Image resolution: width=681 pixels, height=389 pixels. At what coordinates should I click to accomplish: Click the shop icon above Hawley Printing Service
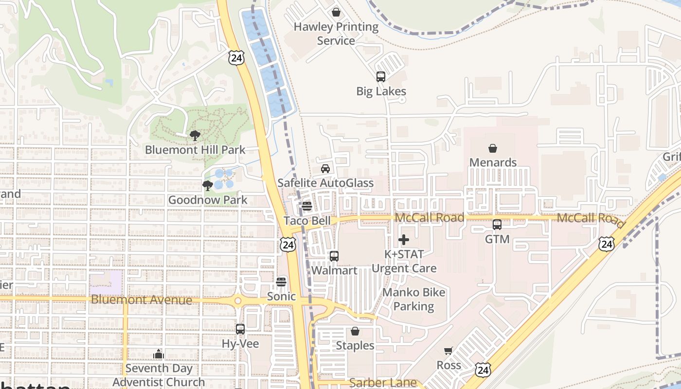(x=336, y=12)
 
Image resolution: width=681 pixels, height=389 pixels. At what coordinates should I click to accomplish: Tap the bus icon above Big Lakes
(x=380, y=77)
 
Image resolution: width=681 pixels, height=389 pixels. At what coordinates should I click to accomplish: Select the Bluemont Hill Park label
(x=195, y=149)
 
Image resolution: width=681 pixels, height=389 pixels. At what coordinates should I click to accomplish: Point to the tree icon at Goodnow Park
(x=208, y=185)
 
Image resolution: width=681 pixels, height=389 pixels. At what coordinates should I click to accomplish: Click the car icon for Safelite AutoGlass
(x=325, y=169)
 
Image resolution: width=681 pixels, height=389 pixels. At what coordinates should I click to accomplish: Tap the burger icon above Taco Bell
(x=306, y=206)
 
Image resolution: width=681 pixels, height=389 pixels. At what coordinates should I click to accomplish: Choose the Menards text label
(x=493, y=162)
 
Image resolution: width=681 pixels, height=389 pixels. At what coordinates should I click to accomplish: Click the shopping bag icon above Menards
(x=493, y=148)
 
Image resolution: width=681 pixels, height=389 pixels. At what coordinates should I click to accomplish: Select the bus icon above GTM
(x=497, y=225)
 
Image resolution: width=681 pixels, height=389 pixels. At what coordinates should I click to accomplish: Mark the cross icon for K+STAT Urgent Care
(x=404, y=240)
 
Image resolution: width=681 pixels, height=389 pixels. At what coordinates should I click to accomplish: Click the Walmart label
(x=334, y=270)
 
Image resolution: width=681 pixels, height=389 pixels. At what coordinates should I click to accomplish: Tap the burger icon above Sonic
(x=281, y=282)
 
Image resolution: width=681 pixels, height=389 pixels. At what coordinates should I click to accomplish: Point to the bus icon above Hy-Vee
(x=240, y=329)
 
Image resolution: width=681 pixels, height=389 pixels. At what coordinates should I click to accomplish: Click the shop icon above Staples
(x=355, y=332)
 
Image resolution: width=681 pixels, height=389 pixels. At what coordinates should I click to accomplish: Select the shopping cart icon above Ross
(x=448, y=351)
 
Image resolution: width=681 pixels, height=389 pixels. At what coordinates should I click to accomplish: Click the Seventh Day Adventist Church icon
(x=159, y=354)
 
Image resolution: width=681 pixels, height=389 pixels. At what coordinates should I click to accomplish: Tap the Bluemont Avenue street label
(x=142, y=300)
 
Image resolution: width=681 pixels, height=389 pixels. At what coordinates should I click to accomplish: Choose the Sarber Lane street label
(x=383, y=383)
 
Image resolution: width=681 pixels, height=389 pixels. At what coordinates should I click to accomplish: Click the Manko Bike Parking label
(x=413, y=299)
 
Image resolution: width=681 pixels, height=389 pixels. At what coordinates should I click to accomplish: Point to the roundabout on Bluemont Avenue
(x=238, y=301)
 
